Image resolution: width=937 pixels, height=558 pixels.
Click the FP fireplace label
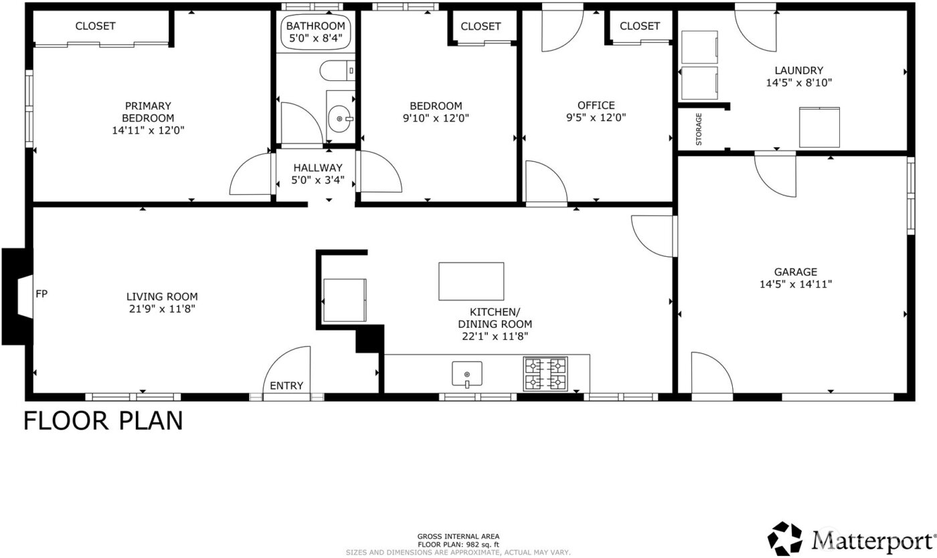point(41,293)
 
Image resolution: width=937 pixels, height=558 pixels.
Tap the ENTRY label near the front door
point(286,385)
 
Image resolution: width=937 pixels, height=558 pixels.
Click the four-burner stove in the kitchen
point(545,373)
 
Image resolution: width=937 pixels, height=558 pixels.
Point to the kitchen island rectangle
point(471,281)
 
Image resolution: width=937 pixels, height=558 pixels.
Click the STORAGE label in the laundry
point(699,129)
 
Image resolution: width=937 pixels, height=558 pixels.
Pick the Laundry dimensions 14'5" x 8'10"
point(798,83)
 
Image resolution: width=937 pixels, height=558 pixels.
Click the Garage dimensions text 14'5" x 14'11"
point(796,284)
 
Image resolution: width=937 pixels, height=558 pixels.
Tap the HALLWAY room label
point(317,168)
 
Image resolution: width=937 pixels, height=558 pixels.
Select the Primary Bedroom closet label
point(95,26)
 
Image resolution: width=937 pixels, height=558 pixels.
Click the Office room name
point(596,105)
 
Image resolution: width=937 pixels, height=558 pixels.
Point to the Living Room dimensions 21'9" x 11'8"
point(162,308)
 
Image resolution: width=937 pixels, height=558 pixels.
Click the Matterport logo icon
point(784,539)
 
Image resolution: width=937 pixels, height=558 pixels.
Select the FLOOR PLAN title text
point(103,421)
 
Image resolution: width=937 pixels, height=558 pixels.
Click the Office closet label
point(639,26)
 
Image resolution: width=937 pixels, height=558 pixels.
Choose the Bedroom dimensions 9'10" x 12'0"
point(436,118)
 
